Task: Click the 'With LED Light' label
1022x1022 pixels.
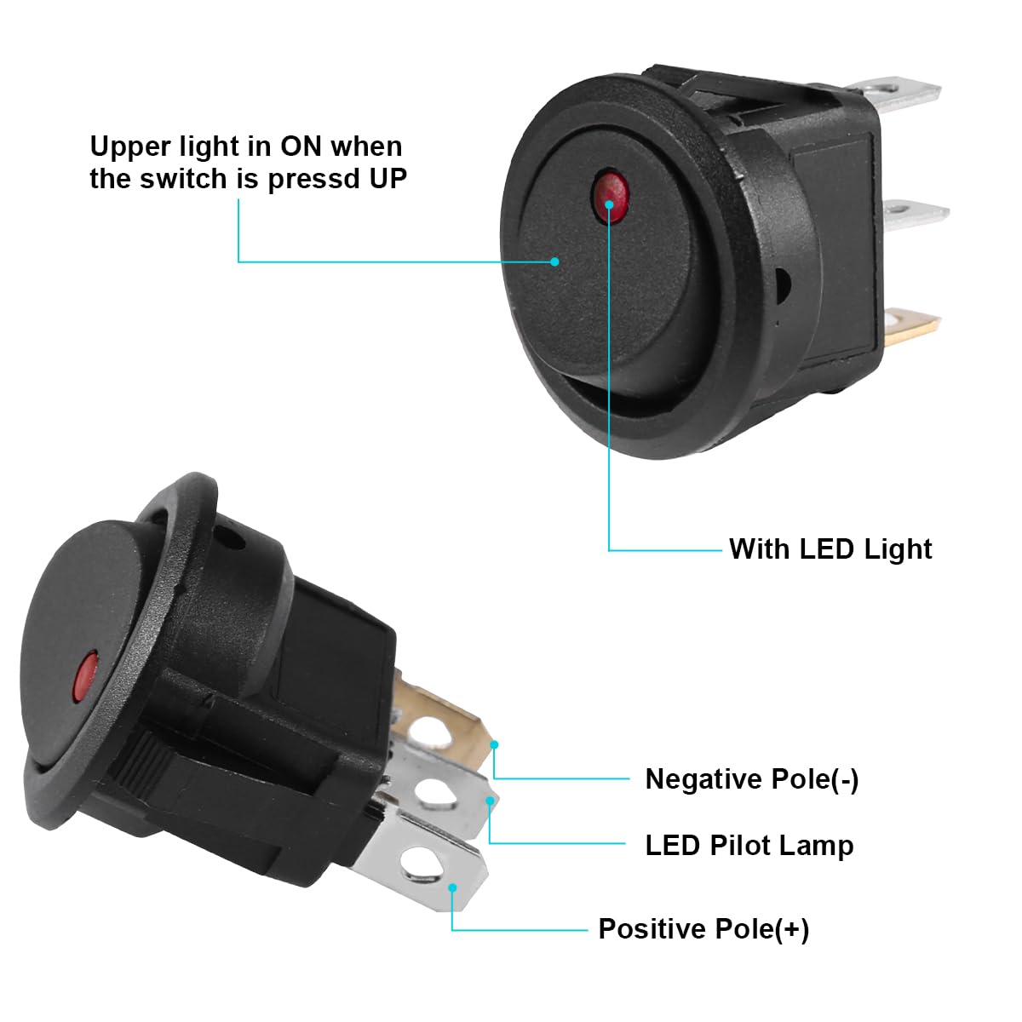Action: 830,548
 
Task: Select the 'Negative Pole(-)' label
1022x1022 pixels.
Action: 752,778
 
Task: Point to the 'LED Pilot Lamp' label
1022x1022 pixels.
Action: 749,845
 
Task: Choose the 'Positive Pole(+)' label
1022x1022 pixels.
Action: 703,928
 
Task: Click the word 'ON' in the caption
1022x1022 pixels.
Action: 301,146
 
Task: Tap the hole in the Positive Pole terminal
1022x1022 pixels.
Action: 416,867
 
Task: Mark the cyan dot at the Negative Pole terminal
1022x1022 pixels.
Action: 494,744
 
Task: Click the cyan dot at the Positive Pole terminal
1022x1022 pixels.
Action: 454,887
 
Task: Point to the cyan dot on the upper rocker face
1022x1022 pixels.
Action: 555,261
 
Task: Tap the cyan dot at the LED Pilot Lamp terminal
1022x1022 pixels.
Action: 490,801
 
